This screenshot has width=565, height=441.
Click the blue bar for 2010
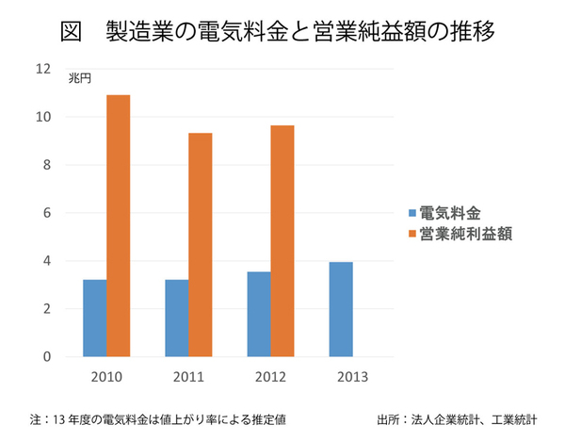pyautogui.click(x=94, y=318)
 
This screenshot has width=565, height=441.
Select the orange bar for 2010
pyautogui.click(x=119, y=226)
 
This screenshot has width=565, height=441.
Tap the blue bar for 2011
pyautogui.click(x=176, y=318)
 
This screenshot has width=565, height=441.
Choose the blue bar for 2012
pyautogui.click(x=258, y=315)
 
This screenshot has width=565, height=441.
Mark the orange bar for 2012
pyautogui.click(x=282, y=241)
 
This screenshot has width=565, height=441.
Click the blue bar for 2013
pyautogui.click(x=341, y=310)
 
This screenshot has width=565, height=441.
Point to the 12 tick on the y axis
pyautogui.click(x=42, y=69)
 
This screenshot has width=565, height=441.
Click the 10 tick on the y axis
pyautogui.click(x=42, y=117)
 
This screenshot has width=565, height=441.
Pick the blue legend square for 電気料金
pyautogui.click(x=411, y=211)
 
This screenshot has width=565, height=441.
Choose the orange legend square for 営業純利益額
pyautogui.click(x=411, y=231)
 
